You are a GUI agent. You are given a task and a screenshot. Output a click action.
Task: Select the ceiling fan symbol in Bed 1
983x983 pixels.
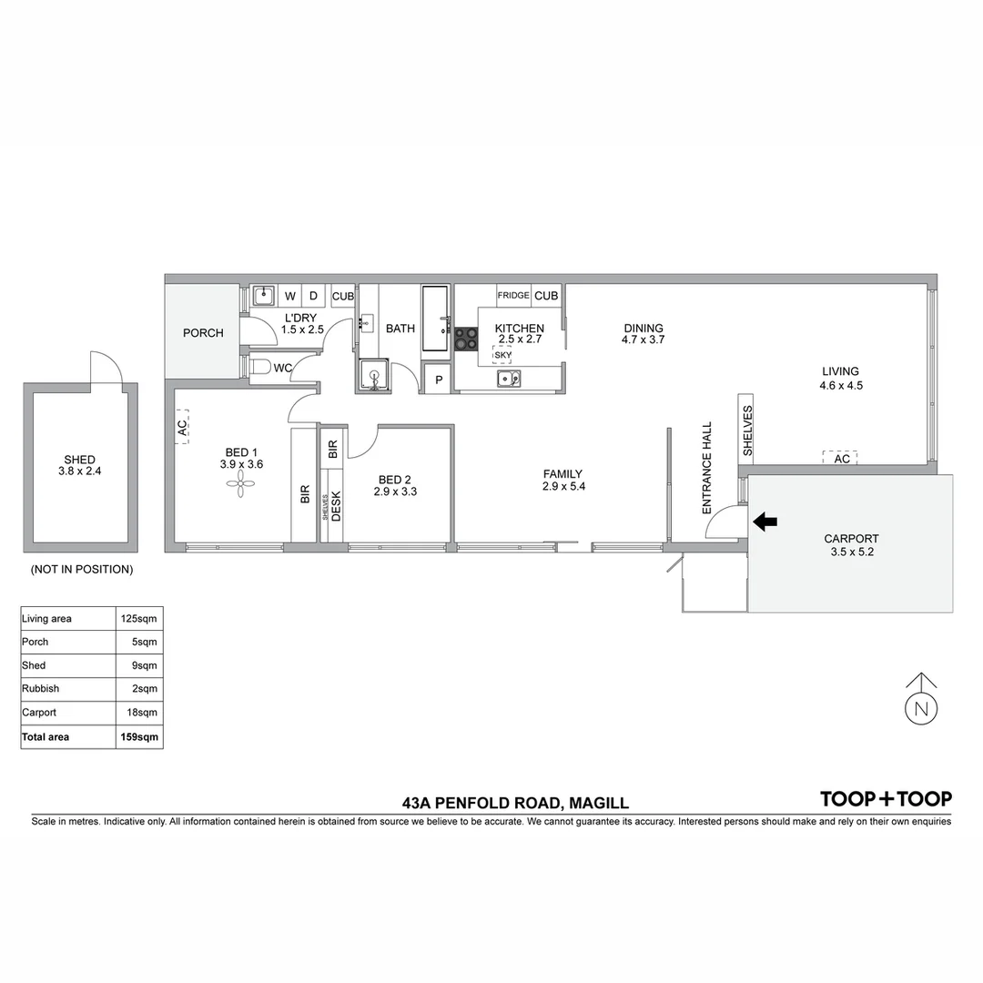click(241, 489)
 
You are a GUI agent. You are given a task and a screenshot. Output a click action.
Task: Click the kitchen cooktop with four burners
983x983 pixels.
click(466, 339)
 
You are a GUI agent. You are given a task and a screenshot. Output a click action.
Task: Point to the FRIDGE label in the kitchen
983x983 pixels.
click(513, 296)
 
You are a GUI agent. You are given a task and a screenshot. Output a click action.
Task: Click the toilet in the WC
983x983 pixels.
click(259, 367)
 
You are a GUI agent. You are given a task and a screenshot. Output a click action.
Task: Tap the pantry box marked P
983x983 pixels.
click(439, 380)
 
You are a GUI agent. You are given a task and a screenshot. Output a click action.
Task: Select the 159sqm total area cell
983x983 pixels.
click(139, 736)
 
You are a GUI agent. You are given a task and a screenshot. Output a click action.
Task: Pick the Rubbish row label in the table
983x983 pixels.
click(40, 689)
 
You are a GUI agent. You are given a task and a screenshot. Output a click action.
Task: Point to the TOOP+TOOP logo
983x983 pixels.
click(886, 799)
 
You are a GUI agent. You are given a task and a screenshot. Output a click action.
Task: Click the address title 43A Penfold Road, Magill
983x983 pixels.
click(515, 804)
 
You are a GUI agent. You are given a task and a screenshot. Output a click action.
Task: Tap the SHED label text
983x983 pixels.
click(80, 460)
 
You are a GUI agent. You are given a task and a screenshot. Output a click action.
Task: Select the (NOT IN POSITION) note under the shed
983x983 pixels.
click(82, 570)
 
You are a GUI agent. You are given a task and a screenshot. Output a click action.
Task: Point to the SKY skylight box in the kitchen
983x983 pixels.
click(502, 355)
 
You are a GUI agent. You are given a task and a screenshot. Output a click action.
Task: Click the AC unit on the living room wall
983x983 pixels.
click(842, 458)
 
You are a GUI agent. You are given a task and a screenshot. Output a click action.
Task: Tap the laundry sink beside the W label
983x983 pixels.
click(263, 295)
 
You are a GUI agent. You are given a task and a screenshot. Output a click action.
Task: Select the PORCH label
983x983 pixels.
click(203, 333)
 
